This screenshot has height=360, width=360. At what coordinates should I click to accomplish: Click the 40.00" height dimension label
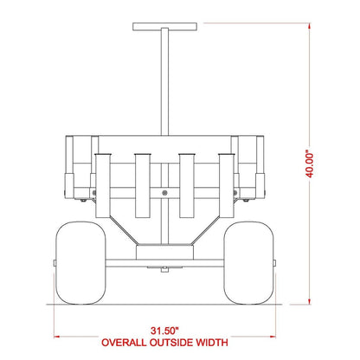click(x=309, y=165)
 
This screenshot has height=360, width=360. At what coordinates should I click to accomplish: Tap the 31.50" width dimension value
click(x=164, y=331)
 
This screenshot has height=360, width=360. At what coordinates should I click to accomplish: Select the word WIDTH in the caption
click(x=212, y=343)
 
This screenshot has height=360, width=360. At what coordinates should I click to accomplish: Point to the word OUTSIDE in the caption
click(x=171, y=343)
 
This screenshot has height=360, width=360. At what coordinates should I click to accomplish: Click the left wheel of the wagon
click(x=80, y=263)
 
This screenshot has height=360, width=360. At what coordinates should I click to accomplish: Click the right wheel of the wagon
click(x=248, y=263)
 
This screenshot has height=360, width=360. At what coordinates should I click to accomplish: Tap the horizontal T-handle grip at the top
click(x=165, y=27)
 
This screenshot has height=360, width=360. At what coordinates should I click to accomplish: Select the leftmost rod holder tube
click(x=103, y=186)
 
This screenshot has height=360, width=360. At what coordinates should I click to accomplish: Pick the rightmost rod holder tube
click(x=227, y=186)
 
